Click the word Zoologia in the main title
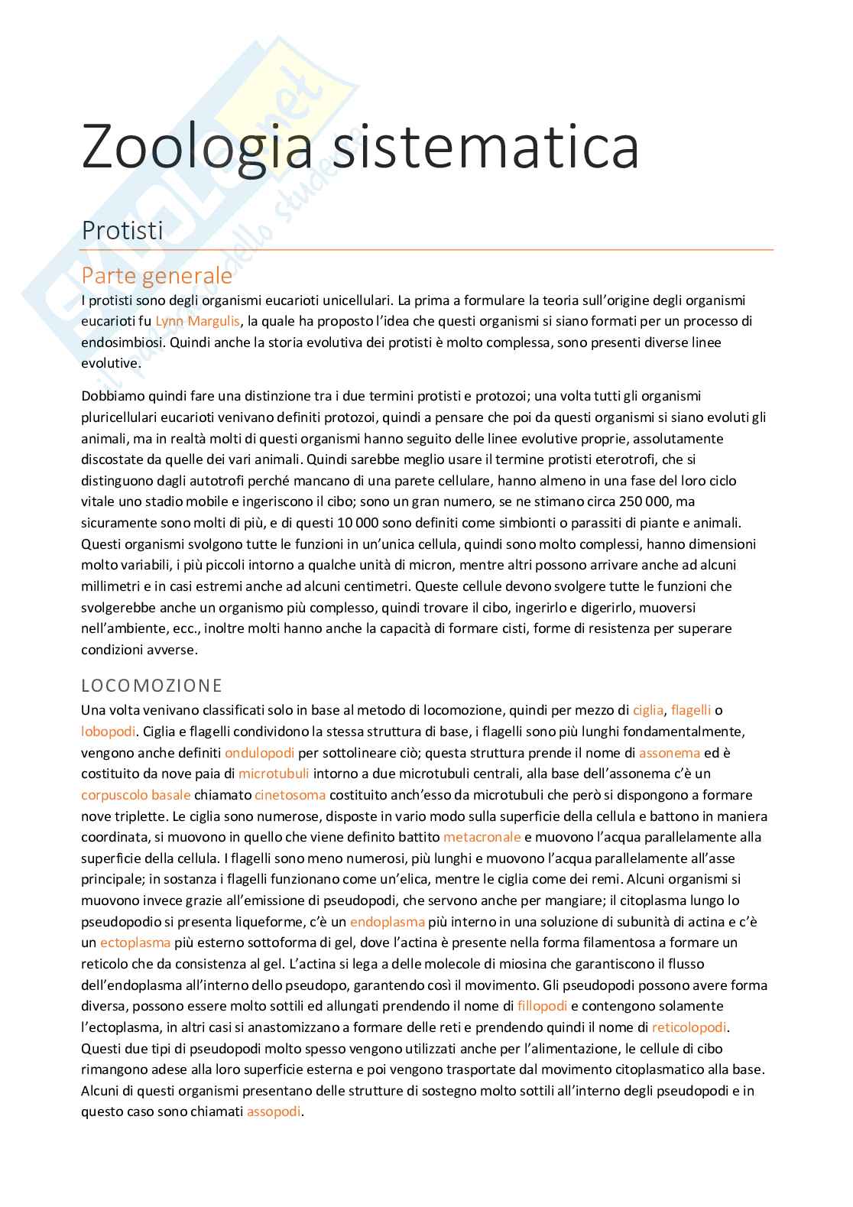coord(197,148)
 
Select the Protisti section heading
coord(122,230)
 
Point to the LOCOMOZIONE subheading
coord(151,684)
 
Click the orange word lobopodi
coord(108,731)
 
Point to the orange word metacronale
coord(482,837)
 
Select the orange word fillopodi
coord(542,1005)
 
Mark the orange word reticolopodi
coord(689,1027)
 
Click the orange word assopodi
coord(274,1111)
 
